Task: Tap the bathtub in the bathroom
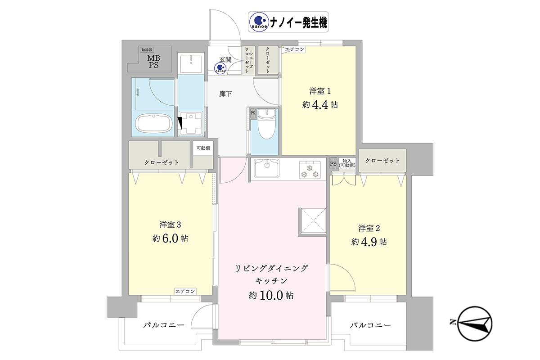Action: pos(153,123)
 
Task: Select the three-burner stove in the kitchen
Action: pos(310,170)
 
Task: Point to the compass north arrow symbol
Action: pos(472,324)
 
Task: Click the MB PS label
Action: pos(154,62)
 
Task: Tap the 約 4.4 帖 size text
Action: pos(320,105)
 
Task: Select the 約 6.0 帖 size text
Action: pos(170,238)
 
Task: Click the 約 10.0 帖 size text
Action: pos(271,295)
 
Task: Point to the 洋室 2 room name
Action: pos(369,228)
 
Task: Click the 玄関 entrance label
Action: pos(225,59)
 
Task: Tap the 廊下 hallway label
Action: pos(225,94)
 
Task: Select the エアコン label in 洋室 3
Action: pos(185,291)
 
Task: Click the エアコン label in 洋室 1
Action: pos(295,49)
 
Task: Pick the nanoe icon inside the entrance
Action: pos(220,68)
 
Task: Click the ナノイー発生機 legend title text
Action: pos(298,23)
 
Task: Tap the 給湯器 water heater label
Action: pos(147,49)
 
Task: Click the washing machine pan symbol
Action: pos(191,123)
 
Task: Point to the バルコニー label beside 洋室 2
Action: pos(370,325)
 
